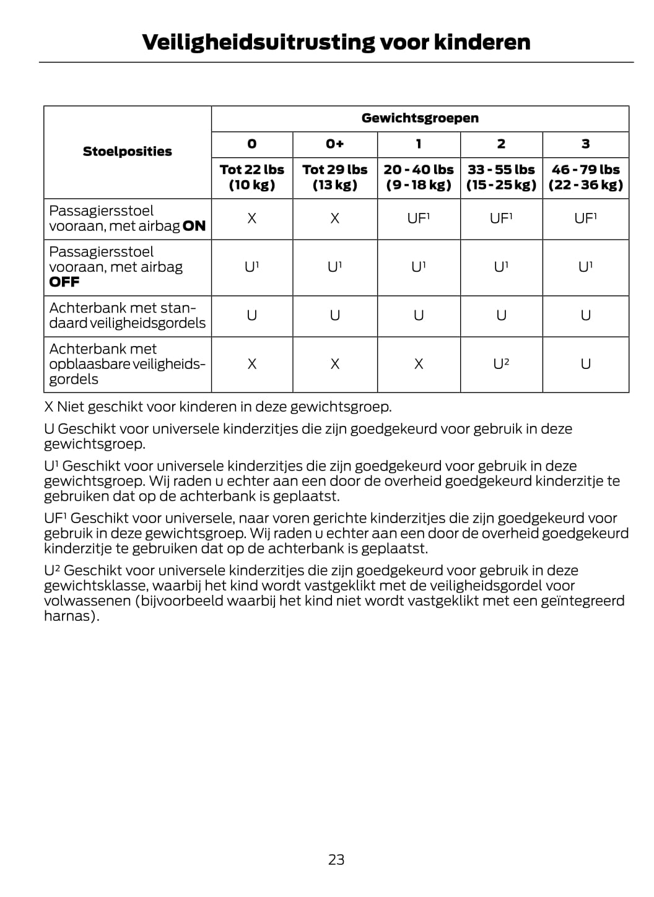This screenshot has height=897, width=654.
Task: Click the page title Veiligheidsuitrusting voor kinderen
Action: point(336,42)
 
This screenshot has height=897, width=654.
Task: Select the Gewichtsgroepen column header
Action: point(420,118)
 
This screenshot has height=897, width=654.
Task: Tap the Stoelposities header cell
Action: point(128,152)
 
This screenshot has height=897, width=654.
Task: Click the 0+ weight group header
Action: point(334,144)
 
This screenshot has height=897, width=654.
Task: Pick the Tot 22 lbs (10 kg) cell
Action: point(251,177)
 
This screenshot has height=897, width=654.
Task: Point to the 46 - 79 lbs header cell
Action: point(585,177)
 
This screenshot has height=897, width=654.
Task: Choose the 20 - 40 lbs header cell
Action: point(419,177)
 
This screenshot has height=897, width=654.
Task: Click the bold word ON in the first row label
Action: point(194,227)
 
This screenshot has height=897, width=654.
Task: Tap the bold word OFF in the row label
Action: point(64,282)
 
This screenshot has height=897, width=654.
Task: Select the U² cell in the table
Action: point(501,364)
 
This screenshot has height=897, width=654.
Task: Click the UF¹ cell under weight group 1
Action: point(419,219)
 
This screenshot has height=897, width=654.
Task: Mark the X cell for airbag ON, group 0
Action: point(251,219)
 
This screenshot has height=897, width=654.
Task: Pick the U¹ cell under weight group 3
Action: point(585,267)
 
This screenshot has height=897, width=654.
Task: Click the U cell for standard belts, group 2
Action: point(501,316)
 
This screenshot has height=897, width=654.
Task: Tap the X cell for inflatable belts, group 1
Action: point(419,364)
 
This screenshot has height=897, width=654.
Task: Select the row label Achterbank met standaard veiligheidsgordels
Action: point(127,316)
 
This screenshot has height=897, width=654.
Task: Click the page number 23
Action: point(336,859)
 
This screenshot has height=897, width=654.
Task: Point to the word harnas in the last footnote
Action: point(69,617)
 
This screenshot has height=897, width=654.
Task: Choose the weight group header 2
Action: point(501,144)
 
